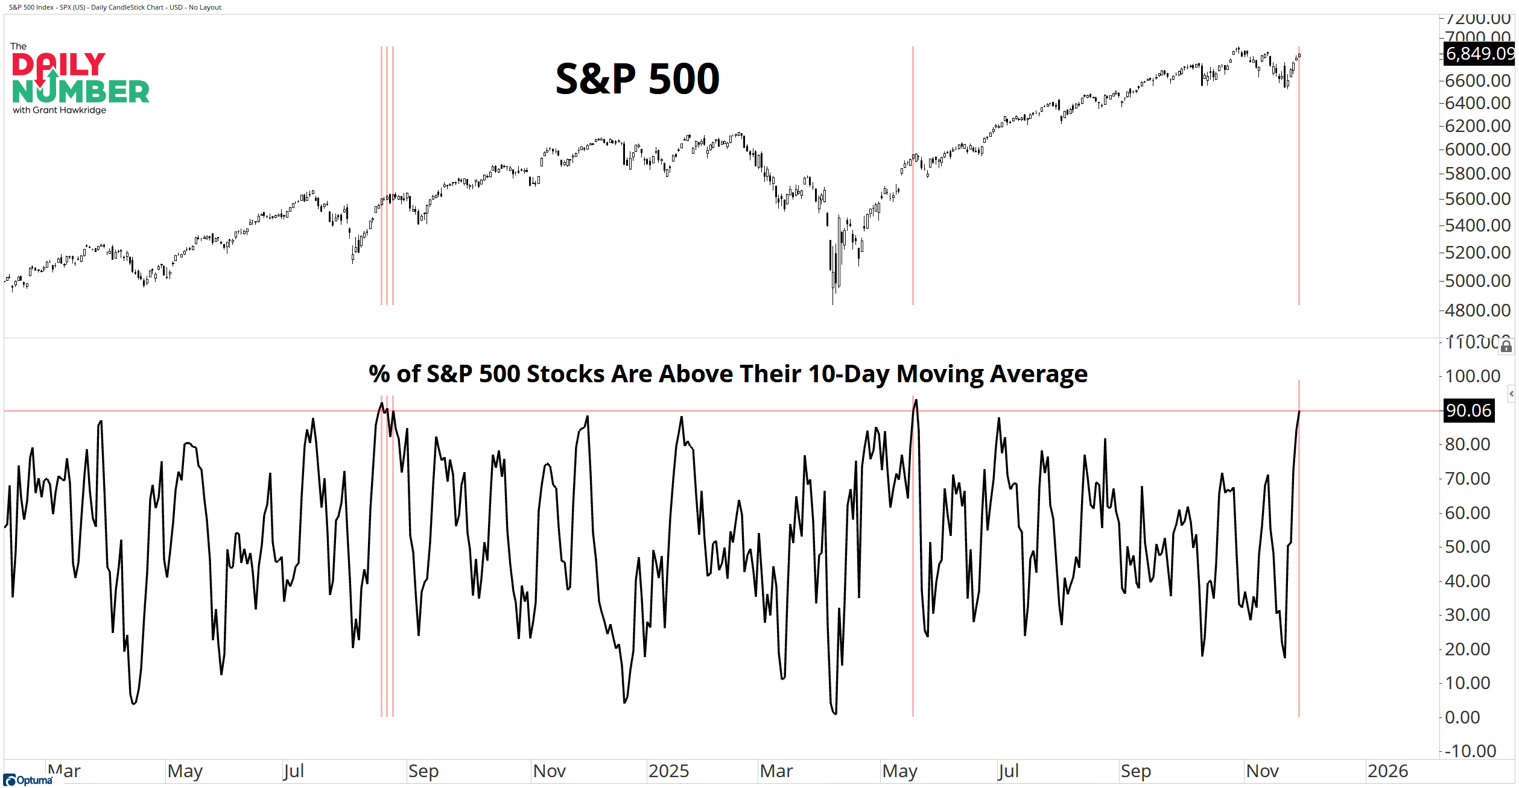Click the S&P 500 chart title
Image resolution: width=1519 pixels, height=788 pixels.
[x=637, y=79]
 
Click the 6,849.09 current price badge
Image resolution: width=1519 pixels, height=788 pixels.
[x=1479, y=54]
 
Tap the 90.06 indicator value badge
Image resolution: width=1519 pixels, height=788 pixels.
[x=1468, y=411]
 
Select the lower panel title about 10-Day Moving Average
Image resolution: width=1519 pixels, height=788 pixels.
[x=728, y=374]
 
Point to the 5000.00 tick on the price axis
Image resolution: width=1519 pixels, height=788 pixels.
[x=1477, y=281]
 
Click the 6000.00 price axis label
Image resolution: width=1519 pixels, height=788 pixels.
[x=1477, y=150]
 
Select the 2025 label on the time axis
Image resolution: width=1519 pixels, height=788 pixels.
[x=668, y=771]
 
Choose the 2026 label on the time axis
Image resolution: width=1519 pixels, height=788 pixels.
[x=1387, y=771]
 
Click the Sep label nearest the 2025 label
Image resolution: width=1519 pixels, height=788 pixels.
[x=423, y=771]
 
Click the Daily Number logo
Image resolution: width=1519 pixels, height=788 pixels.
[x=80, y=78]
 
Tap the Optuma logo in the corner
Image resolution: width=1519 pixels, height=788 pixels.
[x=28, y=780]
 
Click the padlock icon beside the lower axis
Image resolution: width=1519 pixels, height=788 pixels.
[x=1506, y=347]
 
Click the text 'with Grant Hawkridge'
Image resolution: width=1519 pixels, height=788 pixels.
[x=59, y=110]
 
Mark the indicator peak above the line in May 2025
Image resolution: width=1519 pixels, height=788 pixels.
[x=916, y=400]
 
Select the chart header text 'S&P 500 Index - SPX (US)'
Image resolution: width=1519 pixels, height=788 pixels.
[x=47, y=7]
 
